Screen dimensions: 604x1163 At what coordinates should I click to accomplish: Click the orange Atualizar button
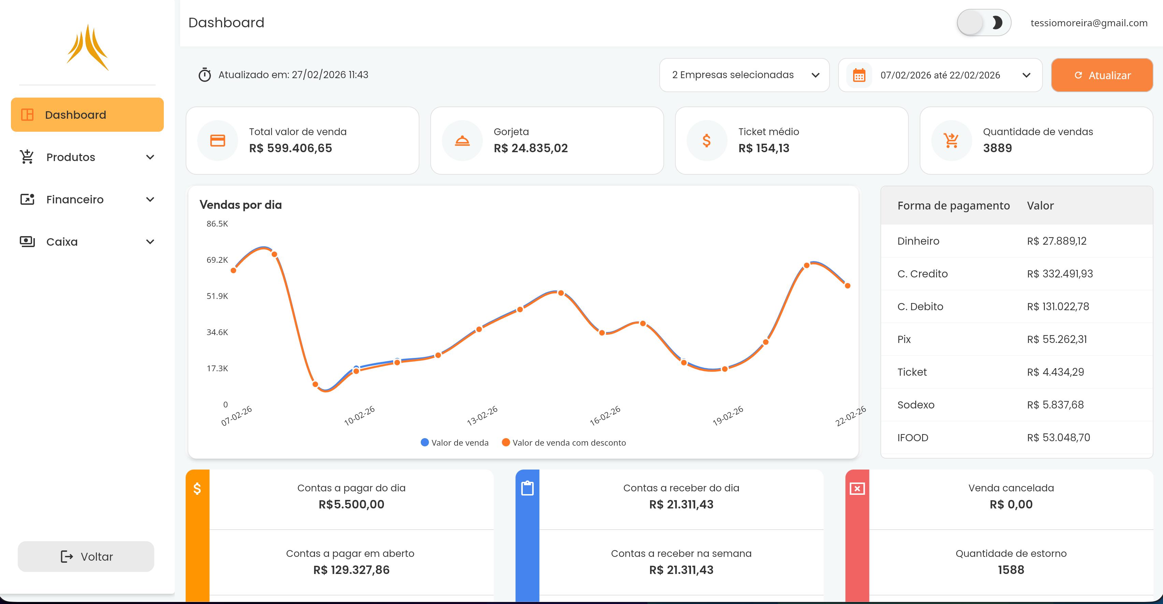[x=1102, y=75]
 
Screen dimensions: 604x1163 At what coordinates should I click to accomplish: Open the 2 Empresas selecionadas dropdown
[x=744, y=75]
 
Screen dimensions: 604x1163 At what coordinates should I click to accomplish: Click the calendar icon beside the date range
[x=859, y=75]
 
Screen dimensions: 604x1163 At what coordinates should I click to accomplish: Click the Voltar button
[x=86, y=557]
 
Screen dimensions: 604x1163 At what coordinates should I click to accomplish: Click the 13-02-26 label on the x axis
[x=482, y=416]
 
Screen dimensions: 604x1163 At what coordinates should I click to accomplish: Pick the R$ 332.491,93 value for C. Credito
[x=1060, y=274]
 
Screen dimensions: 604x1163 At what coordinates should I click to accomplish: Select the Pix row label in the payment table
[x=904, y=340]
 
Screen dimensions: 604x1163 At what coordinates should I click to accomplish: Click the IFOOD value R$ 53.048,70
[x=1058, y=438]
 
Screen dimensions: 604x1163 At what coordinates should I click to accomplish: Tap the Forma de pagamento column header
[x=953, y=206]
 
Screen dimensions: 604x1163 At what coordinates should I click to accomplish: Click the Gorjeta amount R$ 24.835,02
[x=531, y=148]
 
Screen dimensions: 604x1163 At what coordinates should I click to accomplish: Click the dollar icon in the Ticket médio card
[x=706, y=141]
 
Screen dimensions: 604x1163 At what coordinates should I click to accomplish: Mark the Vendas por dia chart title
[x=241, y=205]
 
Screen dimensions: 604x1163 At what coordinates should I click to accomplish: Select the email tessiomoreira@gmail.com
[x=1089, y=23]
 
